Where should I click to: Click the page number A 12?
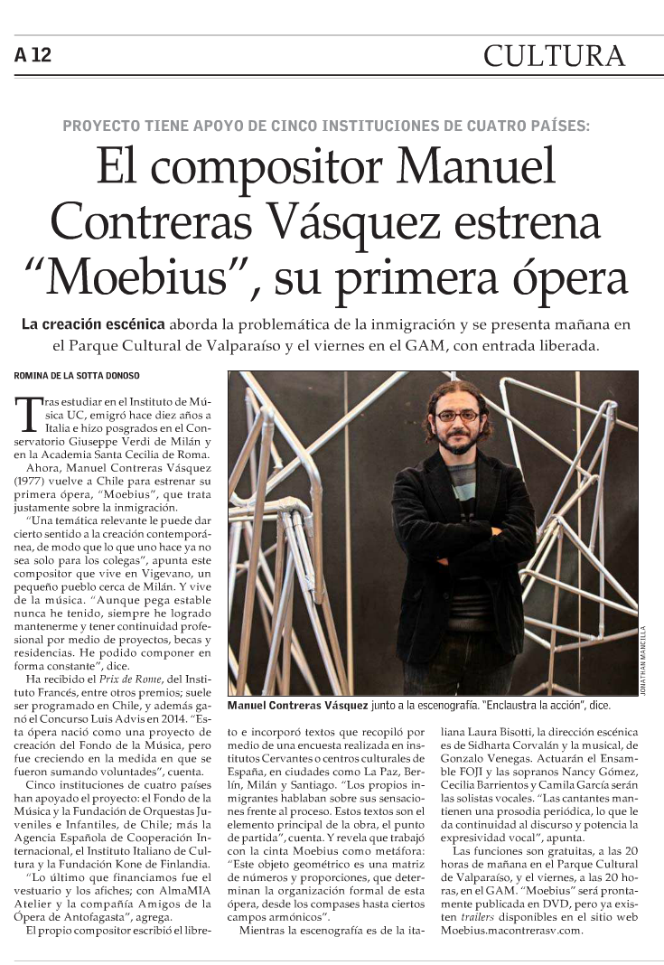click(x=33, y=55)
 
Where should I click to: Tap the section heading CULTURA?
click(x=554, y=56)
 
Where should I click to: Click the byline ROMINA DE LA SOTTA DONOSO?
click(x=77, y=375)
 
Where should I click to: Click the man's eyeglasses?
click(x=456, y=416)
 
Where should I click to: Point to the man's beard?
click(x=459, y=443)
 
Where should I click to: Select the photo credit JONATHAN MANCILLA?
click(x=643, y=659)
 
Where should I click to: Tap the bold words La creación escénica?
click(x=93, y=323)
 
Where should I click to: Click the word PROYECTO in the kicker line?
click(x=100, y=126)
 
